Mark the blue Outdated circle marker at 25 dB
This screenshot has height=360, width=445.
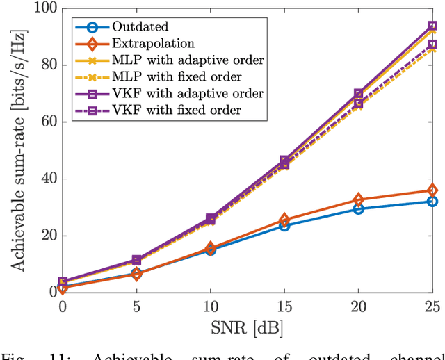tap(432, 202)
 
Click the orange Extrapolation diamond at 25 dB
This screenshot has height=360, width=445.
tap(432, 190)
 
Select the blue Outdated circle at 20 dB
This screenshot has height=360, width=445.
tap(358, 208)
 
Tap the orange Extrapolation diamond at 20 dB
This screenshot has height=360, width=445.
tap(358, 199)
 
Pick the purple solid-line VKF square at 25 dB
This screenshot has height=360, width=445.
tap(432, 26)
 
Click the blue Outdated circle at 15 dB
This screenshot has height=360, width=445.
tap(284, 225)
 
